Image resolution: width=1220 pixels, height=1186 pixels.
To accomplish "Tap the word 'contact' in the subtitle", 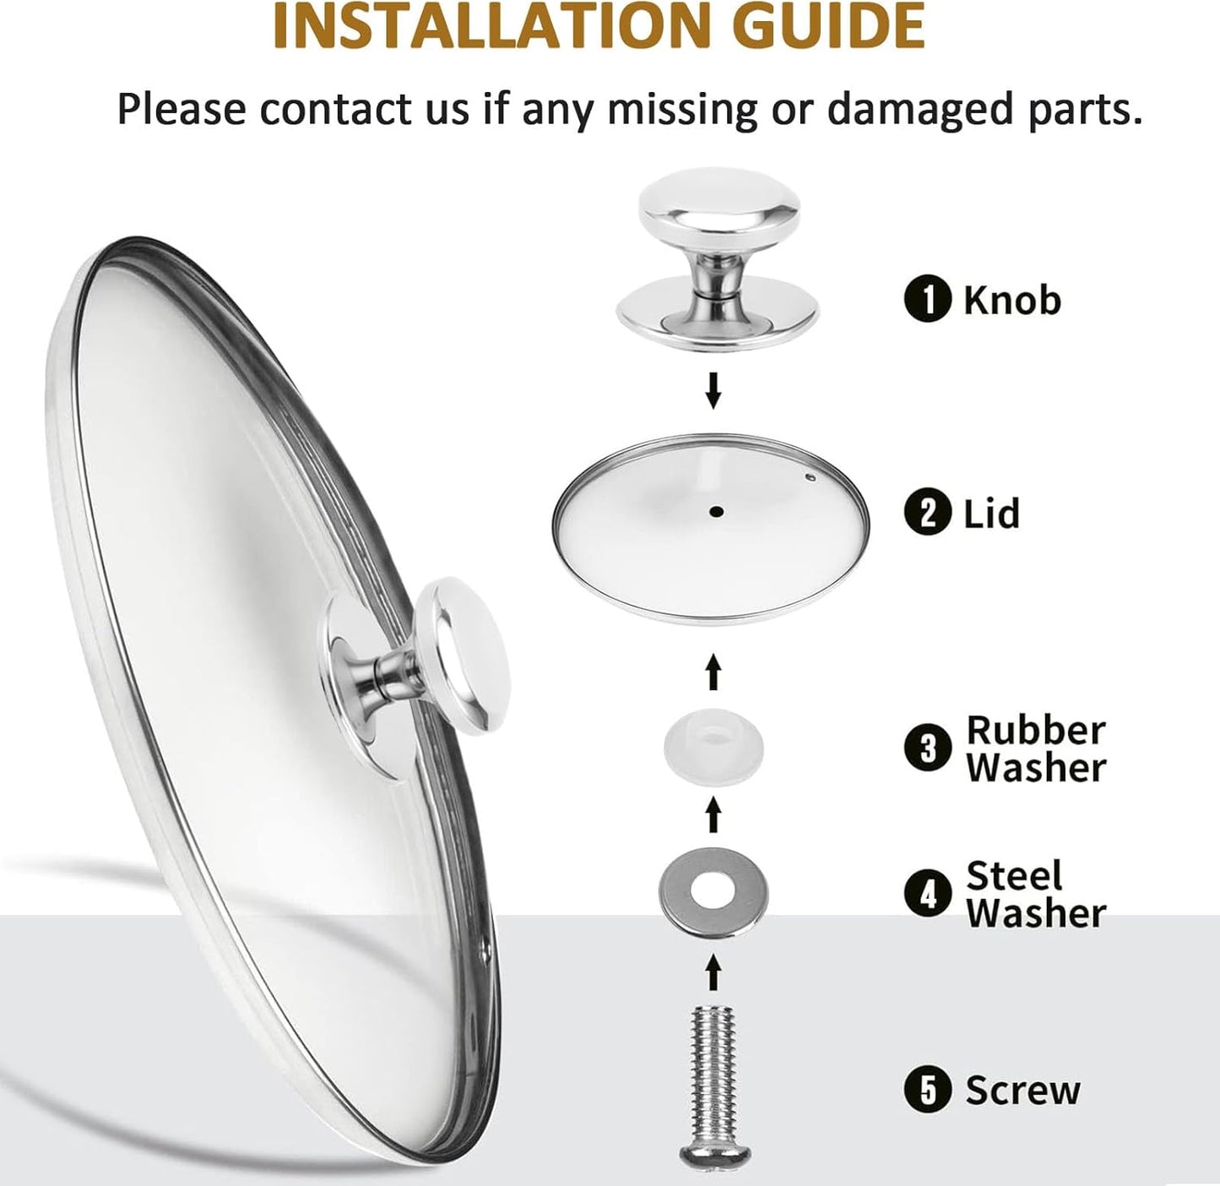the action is pyautogui.click(x=333, y=109).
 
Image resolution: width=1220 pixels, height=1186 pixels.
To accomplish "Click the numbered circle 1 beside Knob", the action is pyautogui.click(x=927, y=301).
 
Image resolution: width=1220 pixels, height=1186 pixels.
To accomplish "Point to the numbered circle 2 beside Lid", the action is pyautogui.click(x=927, y=513).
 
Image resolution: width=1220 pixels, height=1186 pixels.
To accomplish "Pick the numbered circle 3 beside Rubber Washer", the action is pyautogui.click(x=927, y=748).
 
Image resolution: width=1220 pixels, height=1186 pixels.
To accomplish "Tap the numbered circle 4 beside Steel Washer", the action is pyautogui.click(x=927, y=894).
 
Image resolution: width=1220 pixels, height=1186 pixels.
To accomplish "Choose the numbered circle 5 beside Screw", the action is pyautogui.click(x=927, y=1090).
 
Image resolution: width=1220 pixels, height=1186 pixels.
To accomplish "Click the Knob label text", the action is pyautogui.click(x=1012, y=300).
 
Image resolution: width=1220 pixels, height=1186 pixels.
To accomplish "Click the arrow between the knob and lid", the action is pyautogui.click(x=713, y=391).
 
